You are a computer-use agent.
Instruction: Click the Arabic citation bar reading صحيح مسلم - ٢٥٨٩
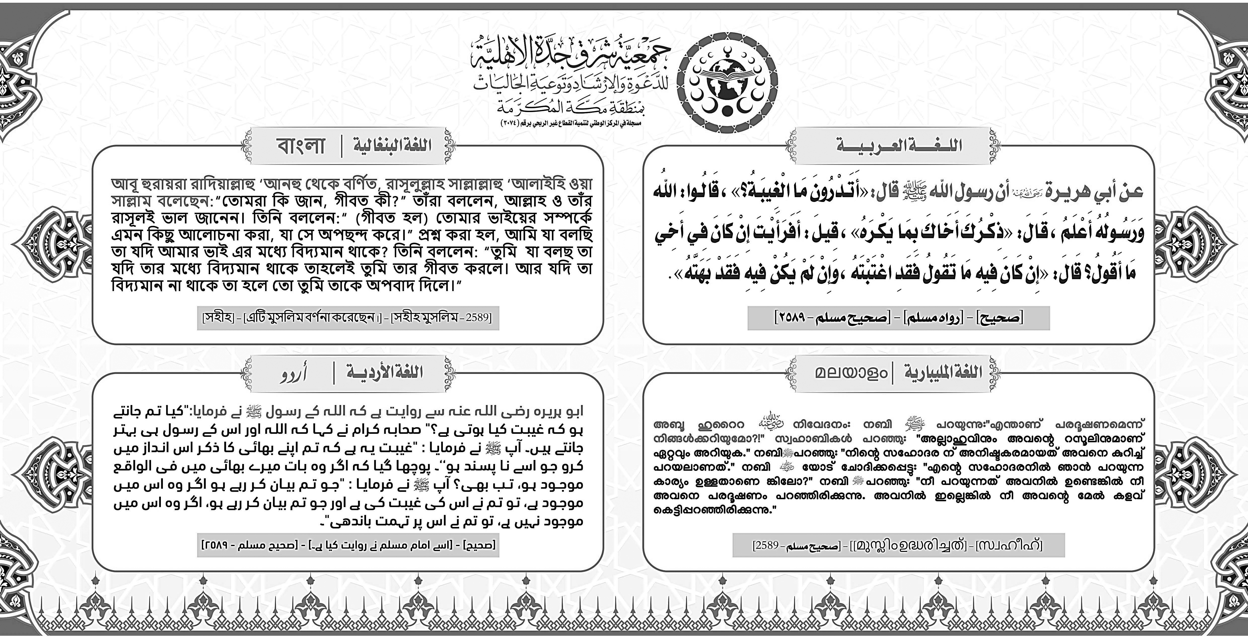click(x=899, y=318)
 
